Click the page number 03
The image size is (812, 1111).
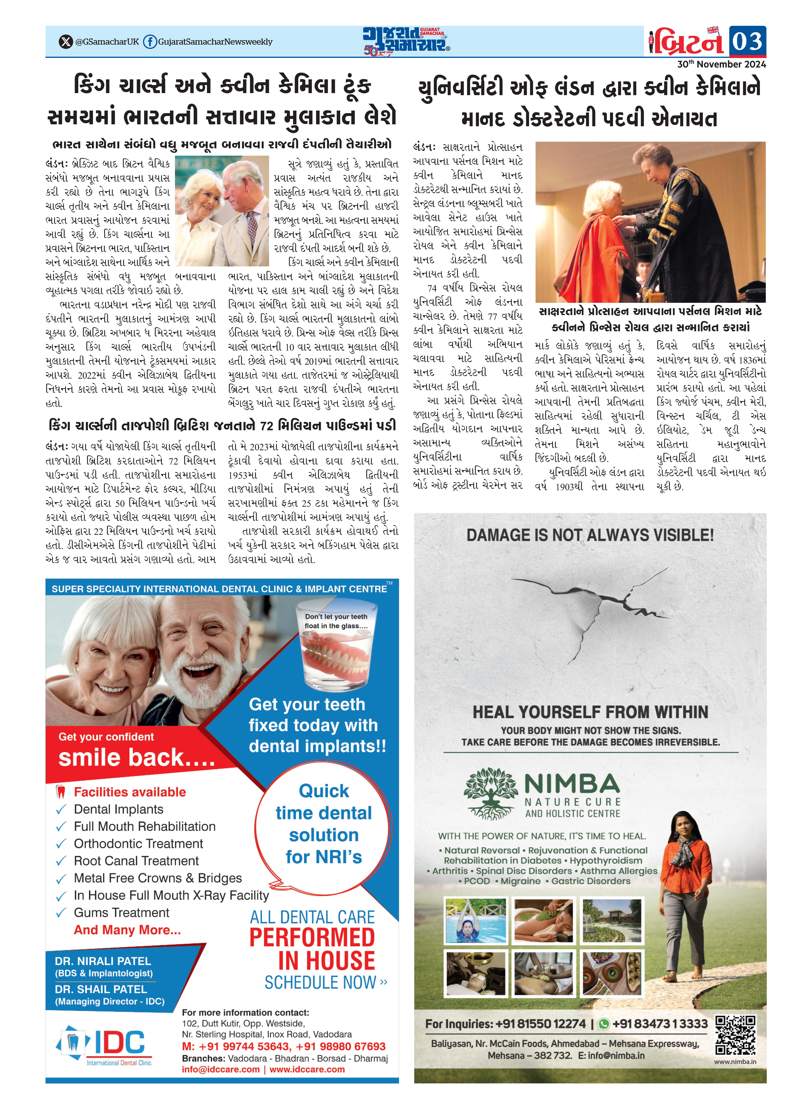pyautogui.click(x=747, y=41)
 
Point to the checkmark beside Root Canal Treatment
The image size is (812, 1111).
pyautogui.click(x=61, y=861)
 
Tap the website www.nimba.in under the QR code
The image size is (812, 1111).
pyautogui.click(x=735, y=1062)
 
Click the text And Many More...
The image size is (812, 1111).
pyautogui.click(x=127, y=930)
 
